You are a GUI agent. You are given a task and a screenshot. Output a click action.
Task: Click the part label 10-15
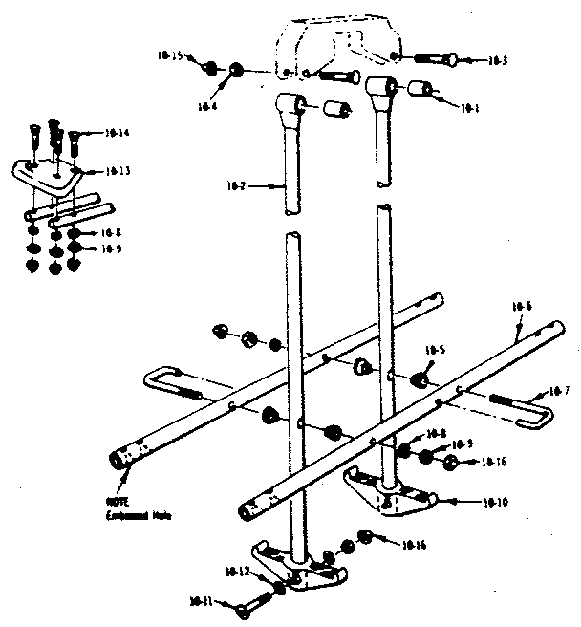[169, 56]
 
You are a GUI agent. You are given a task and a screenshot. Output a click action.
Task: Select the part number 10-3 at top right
[497, 61]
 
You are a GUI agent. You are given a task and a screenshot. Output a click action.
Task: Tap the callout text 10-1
[469, 108]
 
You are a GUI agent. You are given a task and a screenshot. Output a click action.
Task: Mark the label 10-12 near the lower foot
[238, 572]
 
